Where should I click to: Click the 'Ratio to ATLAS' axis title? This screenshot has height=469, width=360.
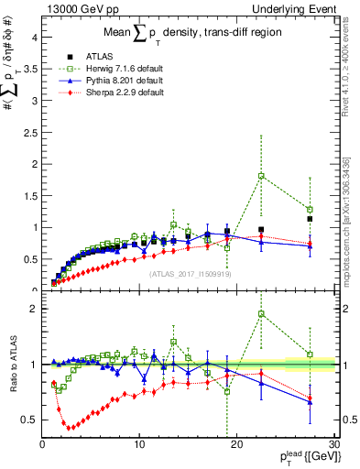pos(13,365)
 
